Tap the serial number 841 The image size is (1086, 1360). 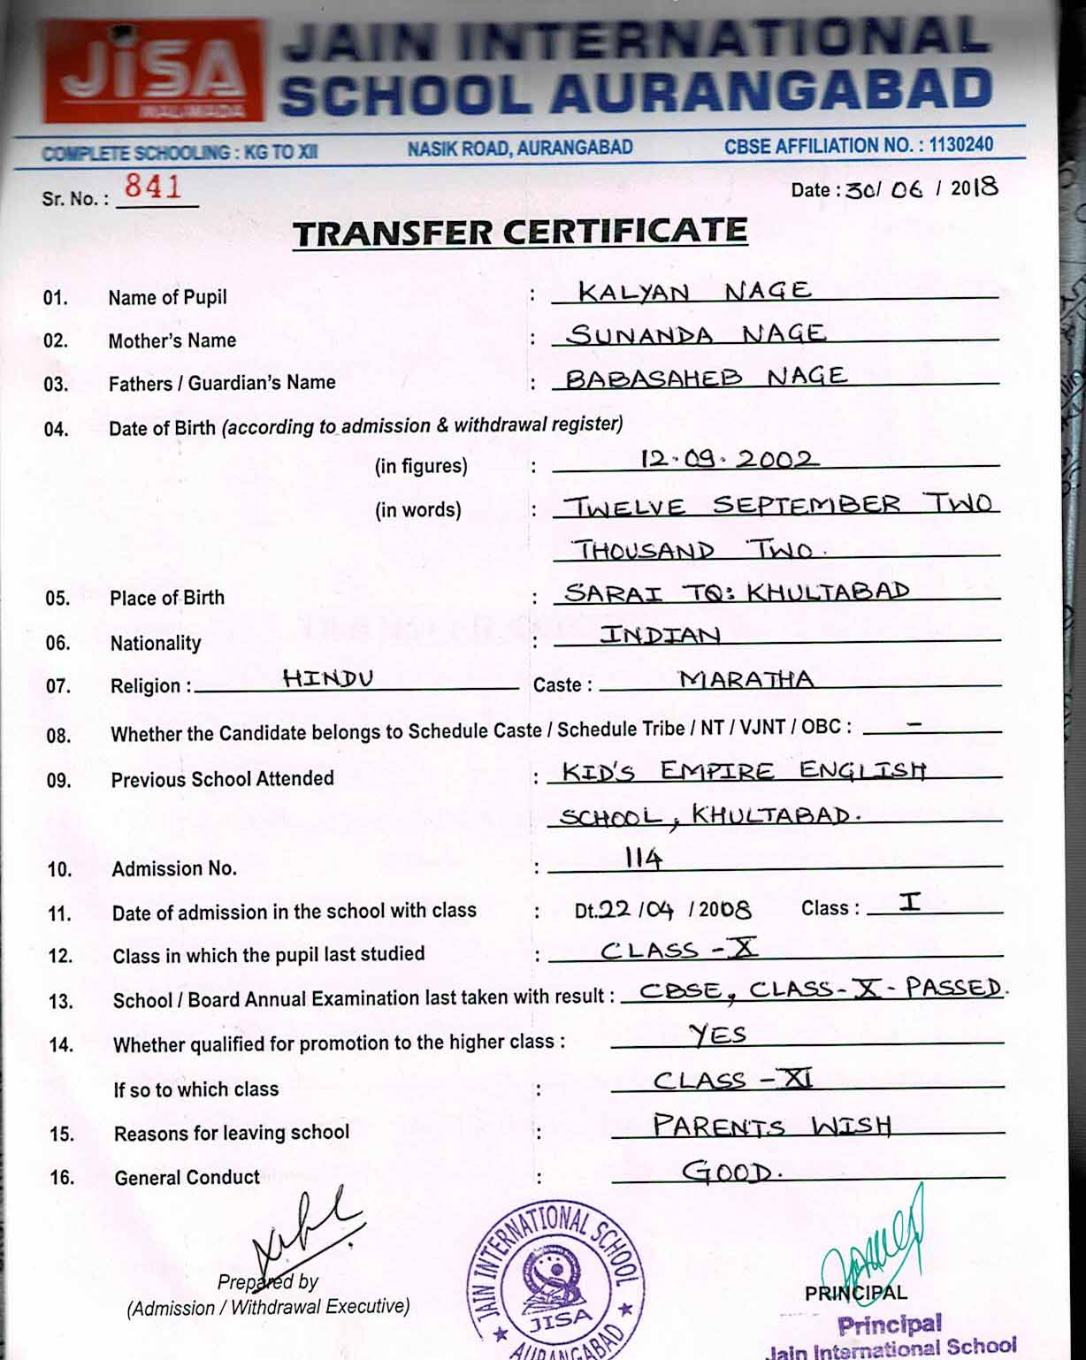click(x=153, y=187)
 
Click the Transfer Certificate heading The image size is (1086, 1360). click(x=520, y=233)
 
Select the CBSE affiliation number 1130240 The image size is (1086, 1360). click(x=960, y=145)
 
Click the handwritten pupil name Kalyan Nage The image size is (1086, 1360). click(x=694, y=291)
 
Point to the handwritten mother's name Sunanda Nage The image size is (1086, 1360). click(x=696, y=334)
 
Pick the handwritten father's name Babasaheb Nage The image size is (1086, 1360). click(x=705, y=378)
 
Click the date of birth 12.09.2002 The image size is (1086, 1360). click(x=729, y=459)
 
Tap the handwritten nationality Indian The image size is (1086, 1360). click(x=660, y=635)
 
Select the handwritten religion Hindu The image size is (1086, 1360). click(x=328, y=678)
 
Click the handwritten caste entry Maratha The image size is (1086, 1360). click(x=746, y=679)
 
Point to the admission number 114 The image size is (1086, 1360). click(x=643, y=858)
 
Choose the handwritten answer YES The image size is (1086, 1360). click(x=718, y=1034)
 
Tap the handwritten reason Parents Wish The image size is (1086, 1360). click(x=771, y=1126)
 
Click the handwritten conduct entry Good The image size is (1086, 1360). click(x=730, y=1173)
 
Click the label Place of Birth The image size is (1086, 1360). click(x=167, y=598)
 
